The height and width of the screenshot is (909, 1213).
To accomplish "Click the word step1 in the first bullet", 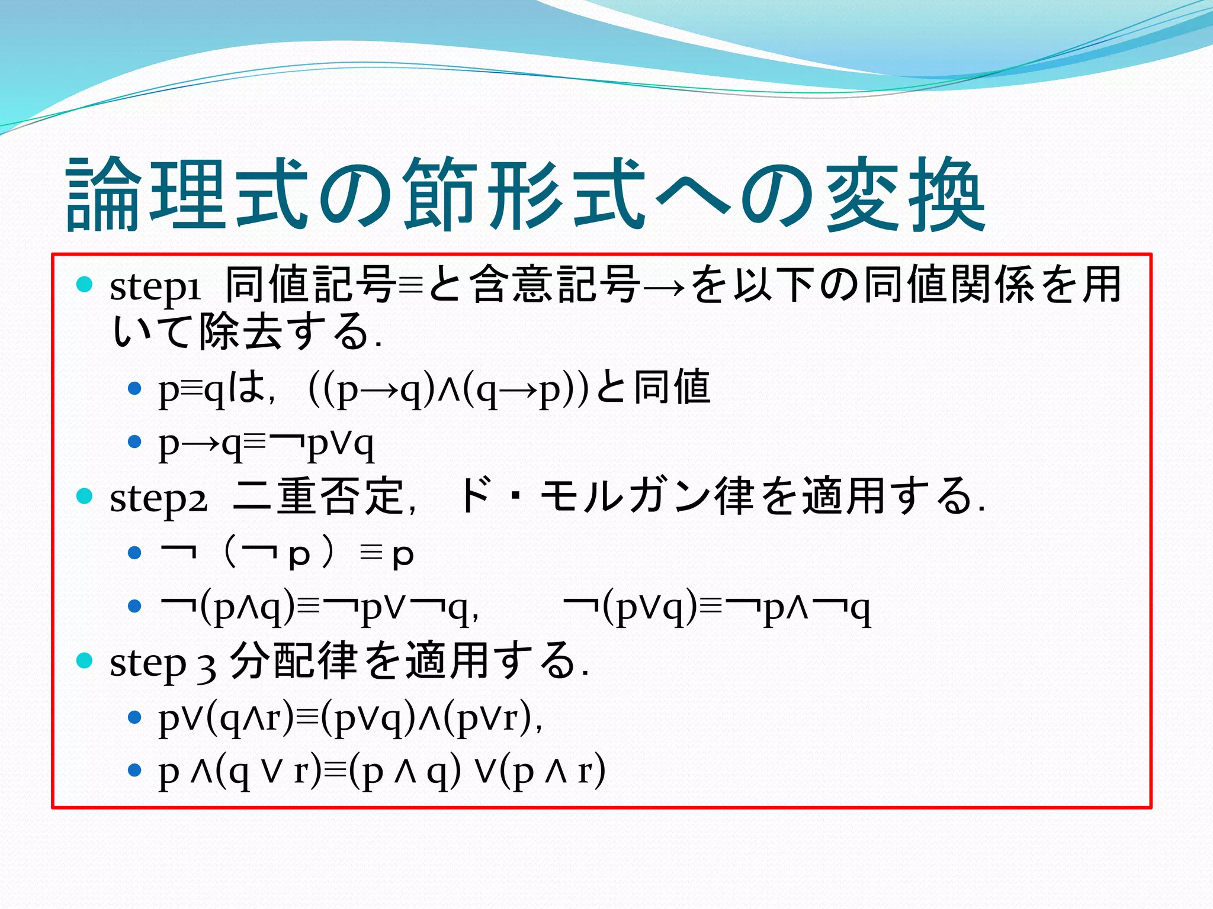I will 155,286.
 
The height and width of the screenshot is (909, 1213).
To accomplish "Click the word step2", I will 158,499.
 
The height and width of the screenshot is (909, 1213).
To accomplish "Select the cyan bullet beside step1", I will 85,285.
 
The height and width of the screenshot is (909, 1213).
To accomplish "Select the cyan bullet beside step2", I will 85,496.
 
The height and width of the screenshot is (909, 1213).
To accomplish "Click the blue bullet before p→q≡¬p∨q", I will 135,441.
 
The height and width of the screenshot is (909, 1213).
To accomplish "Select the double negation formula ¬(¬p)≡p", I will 287,553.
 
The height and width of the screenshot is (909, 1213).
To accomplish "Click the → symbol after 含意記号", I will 665,286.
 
